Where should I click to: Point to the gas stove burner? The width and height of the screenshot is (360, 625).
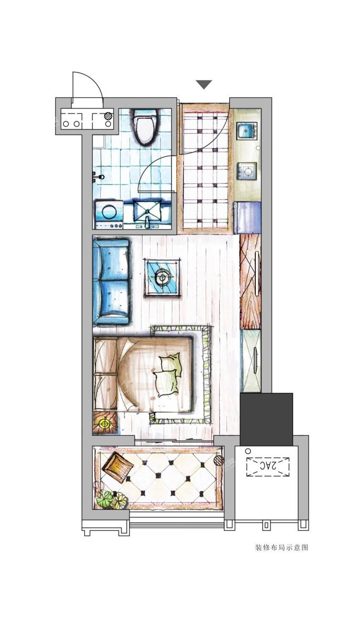pos(247,170)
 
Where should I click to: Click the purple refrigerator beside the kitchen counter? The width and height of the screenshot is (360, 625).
pos(248,217)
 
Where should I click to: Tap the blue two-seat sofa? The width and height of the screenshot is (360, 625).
pos(111,281)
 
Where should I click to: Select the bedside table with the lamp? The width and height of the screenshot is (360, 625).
pos(105,424)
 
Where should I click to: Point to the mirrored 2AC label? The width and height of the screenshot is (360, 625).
pos(268,465)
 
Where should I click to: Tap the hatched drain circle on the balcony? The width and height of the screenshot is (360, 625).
pos(219,461)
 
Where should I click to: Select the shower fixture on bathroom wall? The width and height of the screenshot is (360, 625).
pos(98,176)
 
